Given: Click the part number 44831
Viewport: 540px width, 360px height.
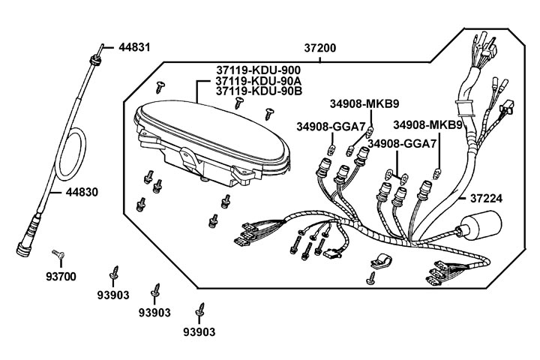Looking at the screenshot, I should pyautogui.click(x=134, y=46).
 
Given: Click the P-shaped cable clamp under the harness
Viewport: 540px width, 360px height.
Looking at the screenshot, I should pyautogui.click(x=380, y=263).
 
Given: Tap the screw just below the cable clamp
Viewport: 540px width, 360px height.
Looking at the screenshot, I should pyautogui.click(x=370, y=280).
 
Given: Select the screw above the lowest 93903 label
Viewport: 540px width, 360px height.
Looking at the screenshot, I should pyautogui.click(x=200, y=308).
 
